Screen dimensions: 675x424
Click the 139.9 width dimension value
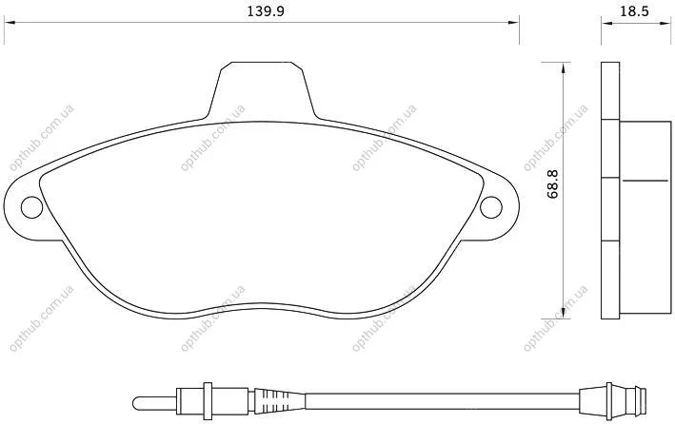(x=266, y=10)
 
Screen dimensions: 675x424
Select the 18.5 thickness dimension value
(x=634, y=10)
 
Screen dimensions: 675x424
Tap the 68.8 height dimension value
(x=552, y=184)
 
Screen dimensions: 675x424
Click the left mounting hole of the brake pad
(x=31, y=207)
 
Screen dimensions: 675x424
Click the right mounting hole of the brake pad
(x=490, y=207)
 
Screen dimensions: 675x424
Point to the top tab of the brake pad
(x=262, y=89)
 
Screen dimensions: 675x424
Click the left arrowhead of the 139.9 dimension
(x=10, y=23)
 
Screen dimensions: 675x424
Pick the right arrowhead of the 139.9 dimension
(x=513, y=23)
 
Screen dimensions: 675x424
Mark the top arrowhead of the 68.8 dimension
(x=563, y=67)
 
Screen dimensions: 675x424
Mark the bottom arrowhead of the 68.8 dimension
(x=563, y=313)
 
